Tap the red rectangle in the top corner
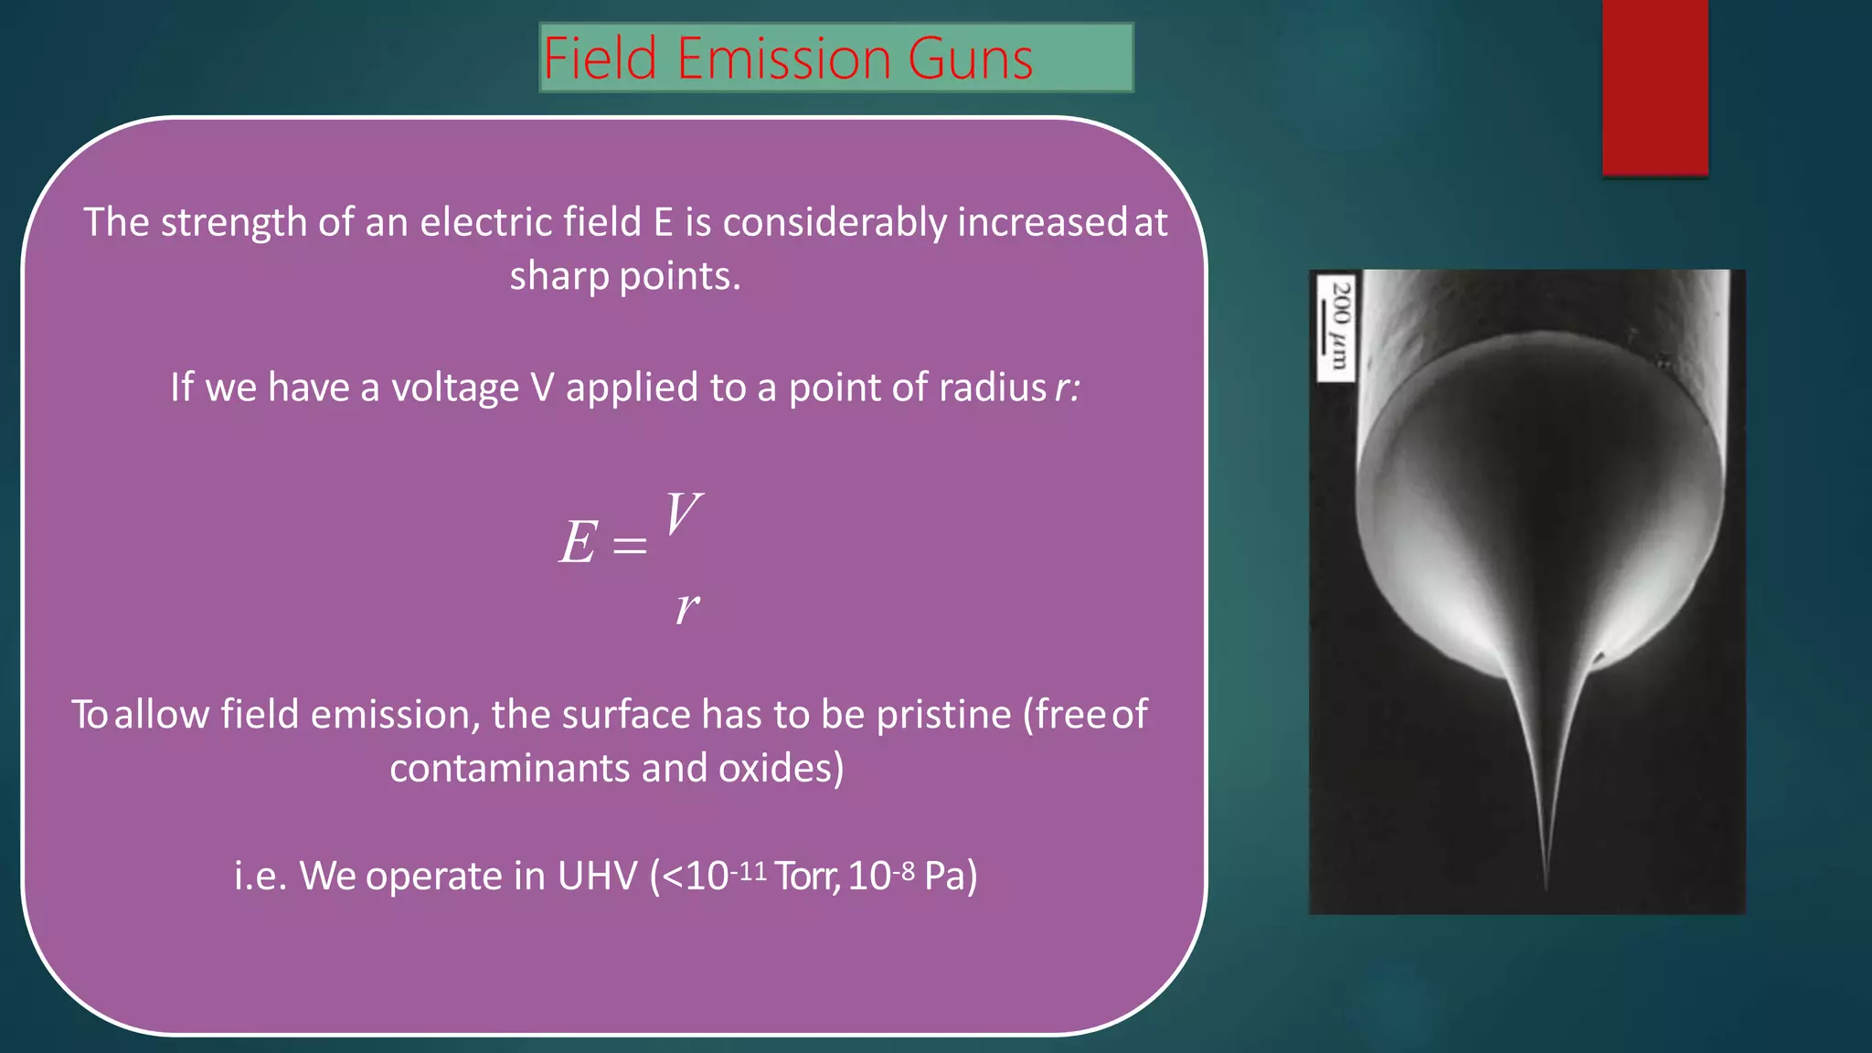coord(1654,87)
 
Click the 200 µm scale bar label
coord(1336,325)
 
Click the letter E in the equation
coord(579,543)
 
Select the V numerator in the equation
coord(682,514)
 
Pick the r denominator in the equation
coord(687,607)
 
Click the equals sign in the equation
coord(630,547)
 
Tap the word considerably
coord(835,223)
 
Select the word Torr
coord(806,877)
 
